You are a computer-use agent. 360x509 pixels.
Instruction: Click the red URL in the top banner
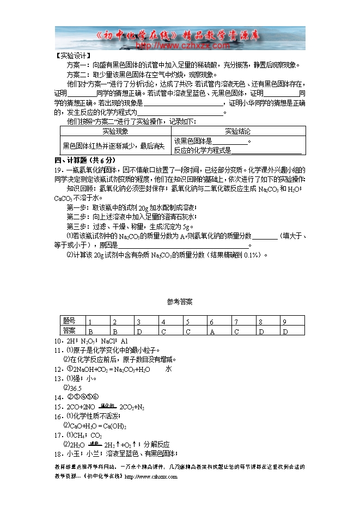(x=180, y=46)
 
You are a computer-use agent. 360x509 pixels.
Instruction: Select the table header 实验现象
(x=115, y=132)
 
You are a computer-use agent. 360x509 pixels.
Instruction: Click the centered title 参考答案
(x=180, y=302)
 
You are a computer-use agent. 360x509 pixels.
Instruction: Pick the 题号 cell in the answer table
(x=70, y=321)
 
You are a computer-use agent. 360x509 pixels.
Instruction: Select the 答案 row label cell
(x=70, y=330)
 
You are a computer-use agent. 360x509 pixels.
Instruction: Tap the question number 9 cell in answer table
(x=284, y=322)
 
